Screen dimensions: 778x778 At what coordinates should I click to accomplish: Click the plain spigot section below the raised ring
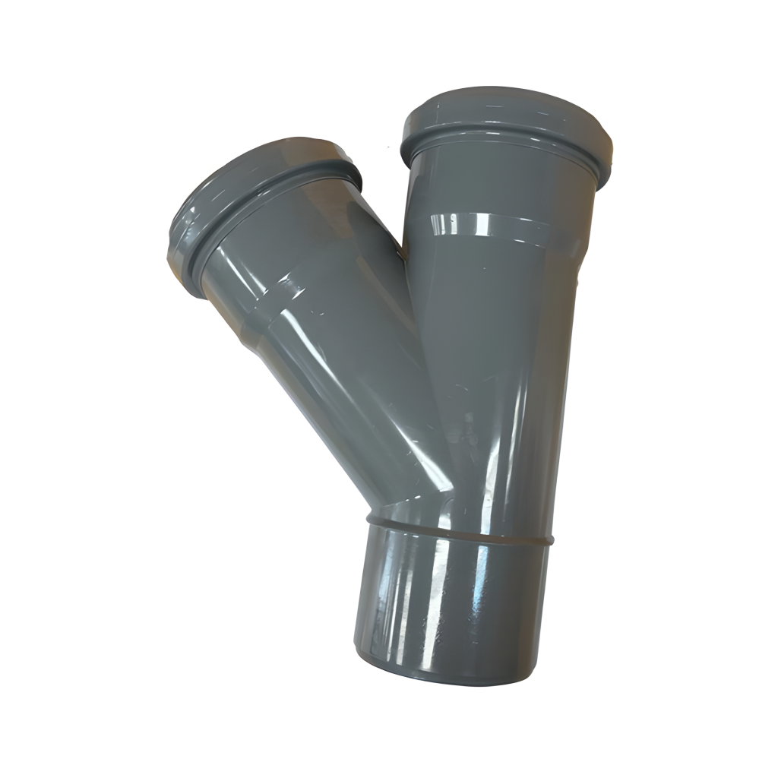[448, 600]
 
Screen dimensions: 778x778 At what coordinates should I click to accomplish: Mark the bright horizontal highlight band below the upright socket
[494, 226]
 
